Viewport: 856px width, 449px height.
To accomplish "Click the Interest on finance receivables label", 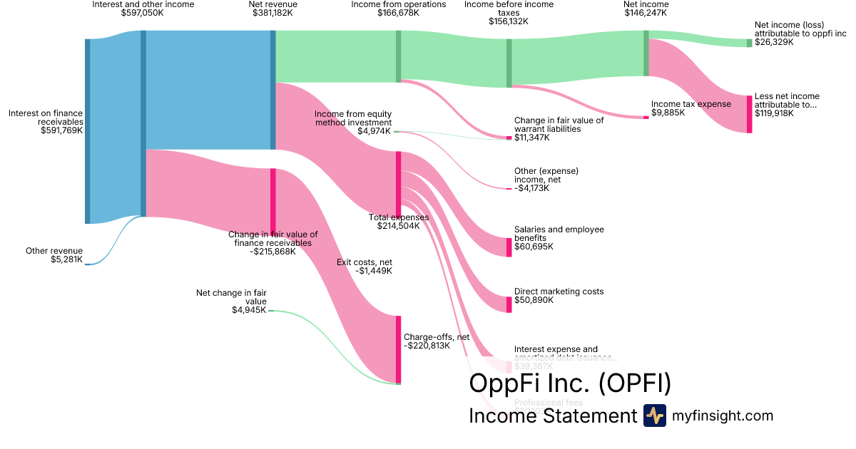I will click(46, 117).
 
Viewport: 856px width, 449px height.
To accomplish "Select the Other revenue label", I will click(54, 251).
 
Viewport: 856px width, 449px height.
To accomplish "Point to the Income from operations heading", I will click(399, 4).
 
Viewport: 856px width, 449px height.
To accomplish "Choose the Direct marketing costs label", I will click(559, 291).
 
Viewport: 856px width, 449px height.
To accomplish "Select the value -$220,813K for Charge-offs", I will click(427, 346).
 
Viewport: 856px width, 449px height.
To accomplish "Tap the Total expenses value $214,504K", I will click(399, 226).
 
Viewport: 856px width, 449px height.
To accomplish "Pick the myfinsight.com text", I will click(723, 416).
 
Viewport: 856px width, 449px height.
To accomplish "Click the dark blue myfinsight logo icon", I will click(654, 416).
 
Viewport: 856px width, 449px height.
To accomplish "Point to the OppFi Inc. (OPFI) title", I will click(570, 383).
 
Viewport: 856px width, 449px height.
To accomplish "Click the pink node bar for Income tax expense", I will click(646, 118).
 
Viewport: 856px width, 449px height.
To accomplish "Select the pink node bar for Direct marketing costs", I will click(509, 304).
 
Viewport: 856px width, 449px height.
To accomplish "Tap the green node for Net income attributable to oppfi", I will click(749, 43).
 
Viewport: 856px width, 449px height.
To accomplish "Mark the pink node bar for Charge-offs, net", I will click(398, 349).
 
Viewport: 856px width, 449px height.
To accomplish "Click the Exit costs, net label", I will click(364, 262).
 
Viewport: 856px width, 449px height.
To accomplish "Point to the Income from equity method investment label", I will click(353, 118).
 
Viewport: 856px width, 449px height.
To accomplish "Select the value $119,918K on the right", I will click(774, 113).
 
